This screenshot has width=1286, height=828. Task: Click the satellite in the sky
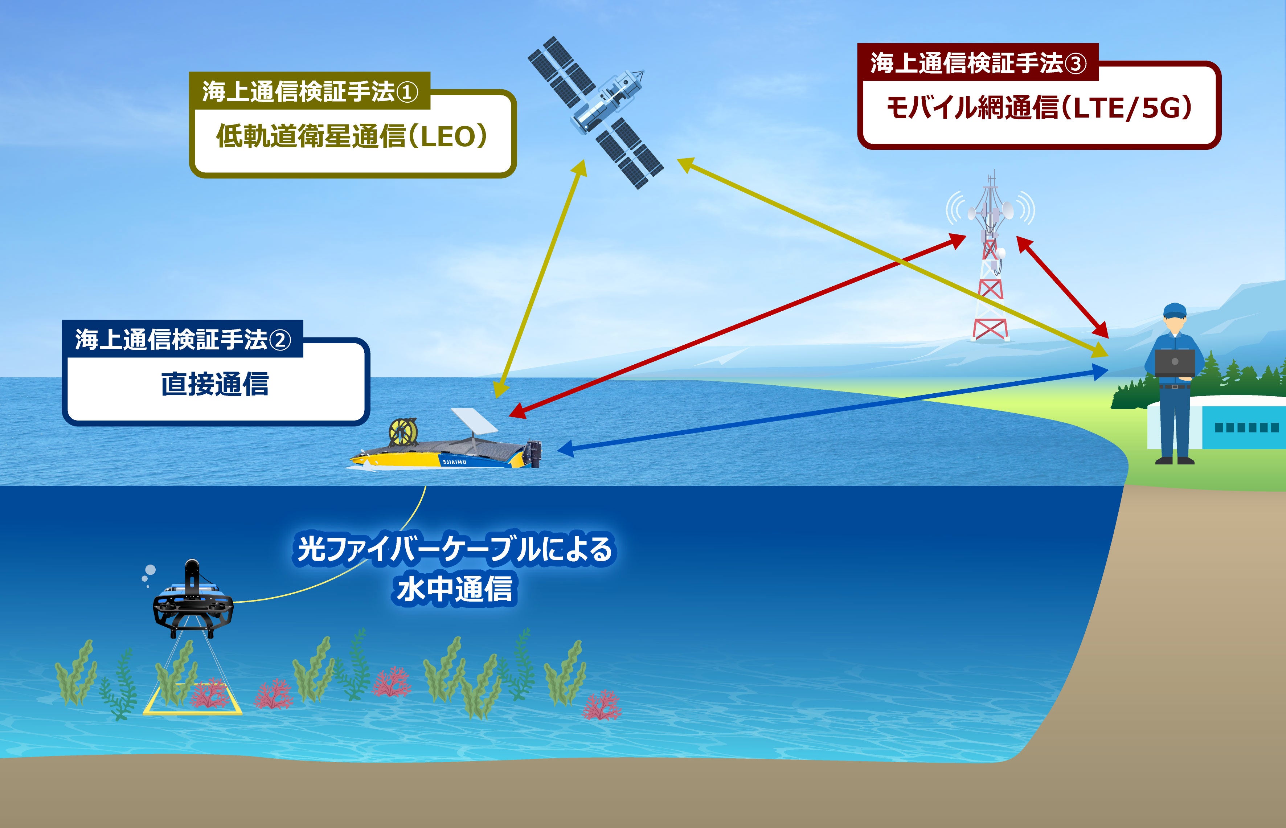pyautogui.click(x=596, y=113)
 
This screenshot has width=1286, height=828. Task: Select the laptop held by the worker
pyautogui.click(x=1175, y=363)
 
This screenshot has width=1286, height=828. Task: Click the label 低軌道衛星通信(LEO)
pyautogui.click(x=352, y=136)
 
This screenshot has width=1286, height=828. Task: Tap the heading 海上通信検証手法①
pyautogui.click(x=310, y=91)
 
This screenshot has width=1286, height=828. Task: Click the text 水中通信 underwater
pyautogui.click(x=454, y=589)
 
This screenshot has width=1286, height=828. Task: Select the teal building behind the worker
pyautogui.click(x=1242, y=427)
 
